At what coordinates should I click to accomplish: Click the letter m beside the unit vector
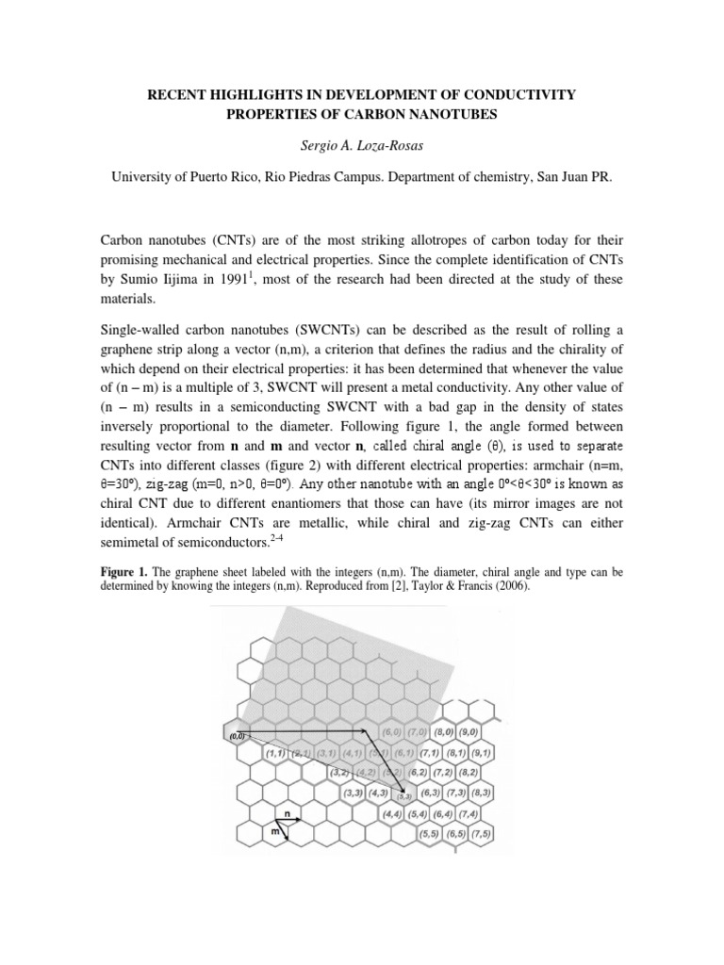point(274,832)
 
